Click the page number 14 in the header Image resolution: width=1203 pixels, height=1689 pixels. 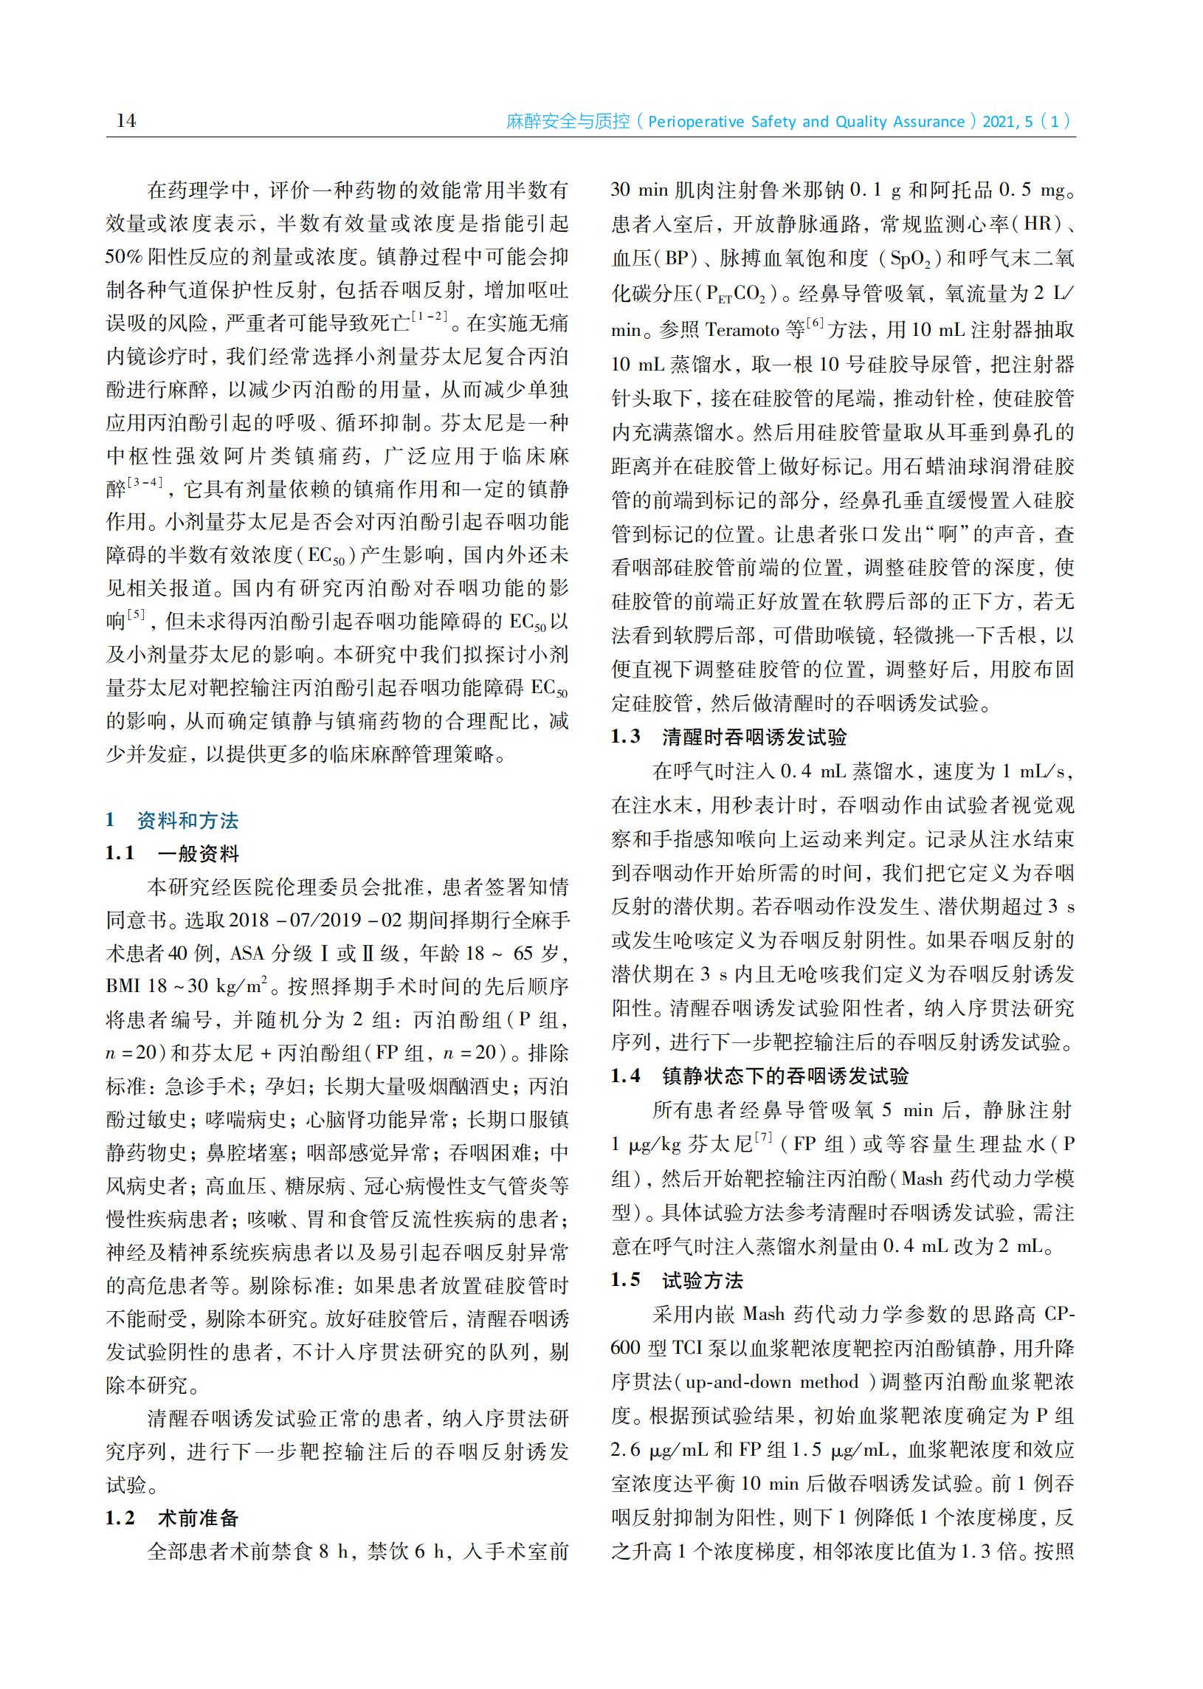click(126, 120)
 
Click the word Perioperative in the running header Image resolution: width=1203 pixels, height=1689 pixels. click(692, 122)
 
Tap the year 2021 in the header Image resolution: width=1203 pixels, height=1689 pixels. click(999, 122)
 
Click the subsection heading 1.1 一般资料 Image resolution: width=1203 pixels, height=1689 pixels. click(172, 853)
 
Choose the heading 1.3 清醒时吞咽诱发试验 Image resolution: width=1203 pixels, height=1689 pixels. click(729, 736)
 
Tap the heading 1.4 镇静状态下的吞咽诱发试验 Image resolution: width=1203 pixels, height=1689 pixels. click(759, 1076)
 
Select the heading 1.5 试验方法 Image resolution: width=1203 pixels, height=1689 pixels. click(677, 1280)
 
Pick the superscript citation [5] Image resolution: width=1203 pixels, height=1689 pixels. click(137, 615)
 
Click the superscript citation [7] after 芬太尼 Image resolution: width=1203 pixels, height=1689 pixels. click(763, 1138)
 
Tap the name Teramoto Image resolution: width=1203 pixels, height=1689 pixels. click(742, 329)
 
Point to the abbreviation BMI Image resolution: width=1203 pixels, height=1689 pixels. click(123, 987)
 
